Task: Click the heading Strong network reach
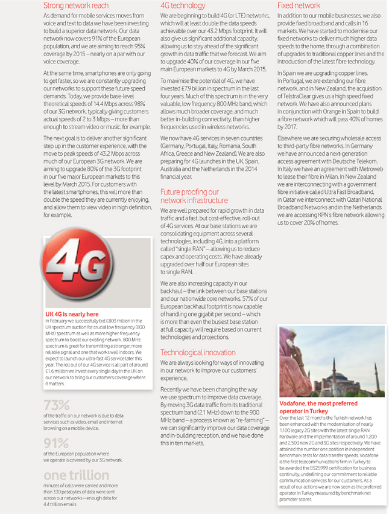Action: click(76, 5)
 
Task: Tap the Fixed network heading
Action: click(299, 5)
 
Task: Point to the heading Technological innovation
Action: click(198, 352)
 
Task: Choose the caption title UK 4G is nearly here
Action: click(72, 314)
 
